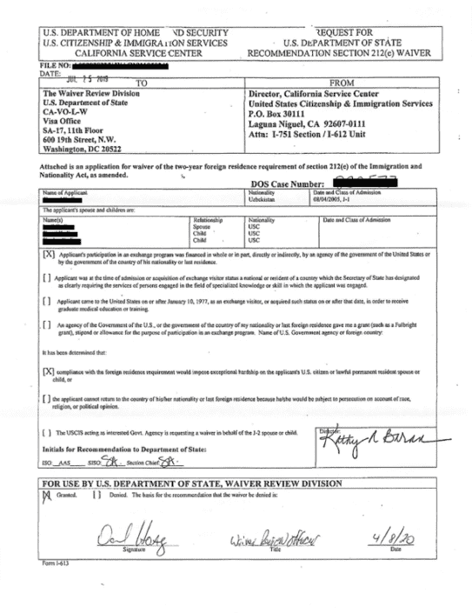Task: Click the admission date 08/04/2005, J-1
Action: point(345,199)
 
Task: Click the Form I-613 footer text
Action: point(55,563)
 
